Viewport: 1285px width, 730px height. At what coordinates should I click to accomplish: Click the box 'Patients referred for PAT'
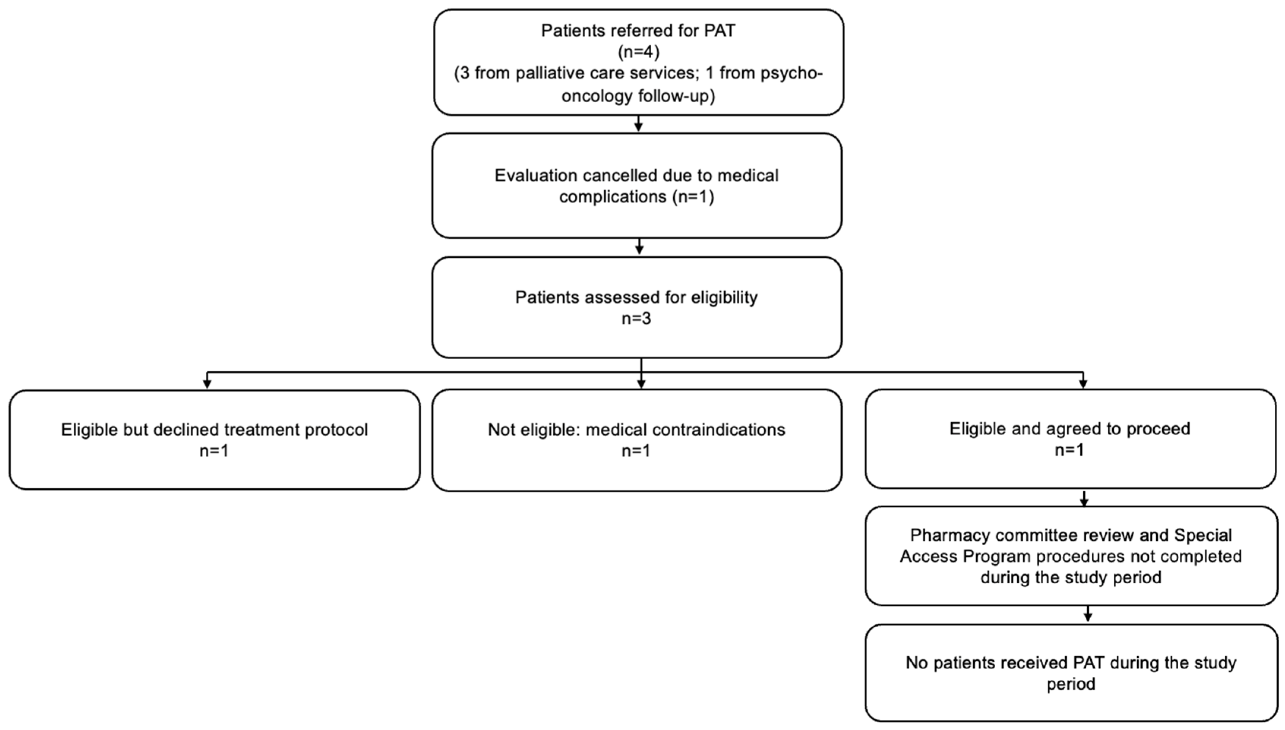[639, 62]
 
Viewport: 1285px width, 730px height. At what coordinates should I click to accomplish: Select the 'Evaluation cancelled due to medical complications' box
[637, 185]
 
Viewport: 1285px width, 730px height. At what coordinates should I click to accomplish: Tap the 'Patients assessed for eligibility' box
[637, 307]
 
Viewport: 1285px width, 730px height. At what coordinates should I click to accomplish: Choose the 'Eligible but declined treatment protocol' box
[215, 440]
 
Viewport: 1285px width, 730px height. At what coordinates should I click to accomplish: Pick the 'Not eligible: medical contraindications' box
[637, 440]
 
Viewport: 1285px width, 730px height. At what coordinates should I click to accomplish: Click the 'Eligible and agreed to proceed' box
[1070, 439]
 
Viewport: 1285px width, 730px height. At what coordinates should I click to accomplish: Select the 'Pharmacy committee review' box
[1071, 556]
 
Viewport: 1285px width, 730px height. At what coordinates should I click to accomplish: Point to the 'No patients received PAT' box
[1071, 673]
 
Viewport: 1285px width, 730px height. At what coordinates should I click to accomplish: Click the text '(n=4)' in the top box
[638, 52]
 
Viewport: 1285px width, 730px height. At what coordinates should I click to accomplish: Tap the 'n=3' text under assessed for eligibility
[636, 319]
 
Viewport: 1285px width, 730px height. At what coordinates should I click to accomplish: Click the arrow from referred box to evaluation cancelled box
[638, 124]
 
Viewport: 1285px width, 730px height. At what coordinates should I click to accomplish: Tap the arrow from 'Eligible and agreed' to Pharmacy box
[1084, 498]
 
